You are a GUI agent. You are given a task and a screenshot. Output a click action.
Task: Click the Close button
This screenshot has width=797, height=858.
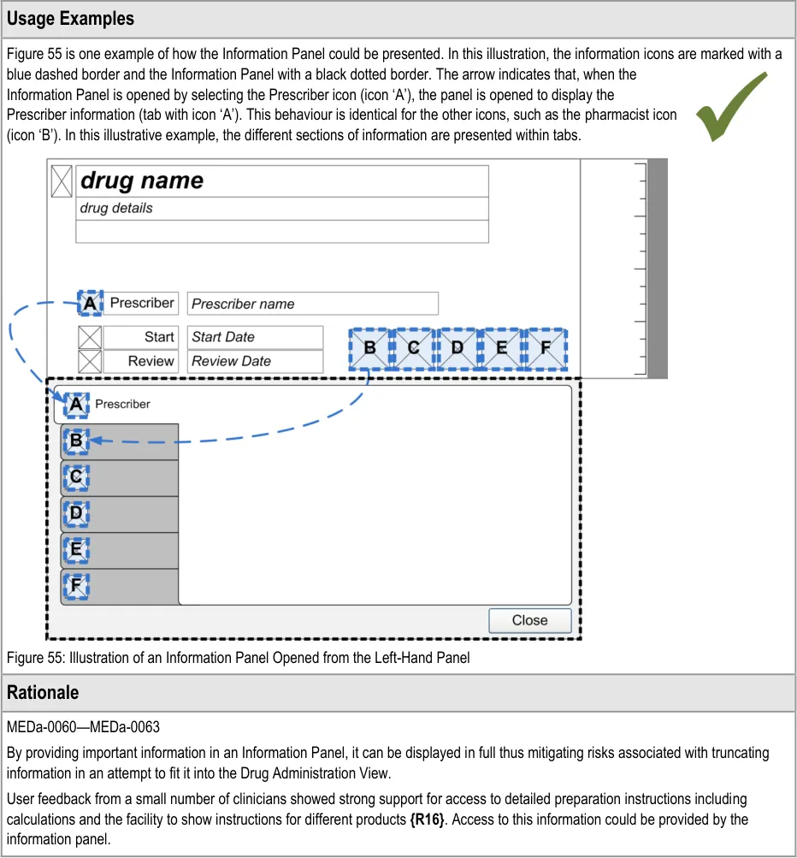529,620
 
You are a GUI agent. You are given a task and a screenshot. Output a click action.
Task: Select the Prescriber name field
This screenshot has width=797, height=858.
312,304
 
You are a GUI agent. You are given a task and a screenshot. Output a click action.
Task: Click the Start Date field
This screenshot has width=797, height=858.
255,337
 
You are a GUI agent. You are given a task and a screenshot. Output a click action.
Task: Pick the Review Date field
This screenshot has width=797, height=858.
255,361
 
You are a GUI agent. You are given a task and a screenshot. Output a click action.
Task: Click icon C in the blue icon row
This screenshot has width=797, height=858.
414,348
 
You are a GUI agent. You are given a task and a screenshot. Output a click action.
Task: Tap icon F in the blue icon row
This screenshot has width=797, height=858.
546,348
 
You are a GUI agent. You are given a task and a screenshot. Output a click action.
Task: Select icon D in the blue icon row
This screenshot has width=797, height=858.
458,348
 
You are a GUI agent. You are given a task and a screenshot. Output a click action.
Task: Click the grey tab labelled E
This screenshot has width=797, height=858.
120,550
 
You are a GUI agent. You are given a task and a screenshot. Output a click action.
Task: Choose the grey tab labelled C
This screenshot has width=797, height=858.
120,477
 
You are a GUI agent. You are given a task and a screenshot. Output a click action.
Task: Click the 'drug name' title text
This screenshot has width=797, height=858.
142,180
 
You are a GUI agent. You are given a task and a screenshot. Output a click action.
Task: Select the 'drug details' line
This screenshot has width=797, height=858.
116,208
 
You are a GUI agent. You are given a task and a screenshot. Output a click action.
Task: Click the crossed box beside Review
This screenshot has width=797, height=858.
90,361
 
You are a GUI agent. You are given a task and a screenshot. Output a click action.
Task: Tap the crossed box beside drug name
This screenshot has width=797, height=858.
62,180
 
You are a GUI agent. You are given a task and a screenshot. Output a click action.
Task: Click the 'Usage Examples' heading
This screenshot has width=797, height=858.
71,18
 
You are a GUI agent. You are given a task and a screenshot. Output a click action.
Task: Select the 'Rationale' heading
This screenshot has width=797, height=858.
43,692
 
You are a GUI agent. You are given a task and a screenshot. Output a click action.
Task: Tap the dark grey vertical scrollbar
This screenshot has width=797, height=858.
657,268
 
